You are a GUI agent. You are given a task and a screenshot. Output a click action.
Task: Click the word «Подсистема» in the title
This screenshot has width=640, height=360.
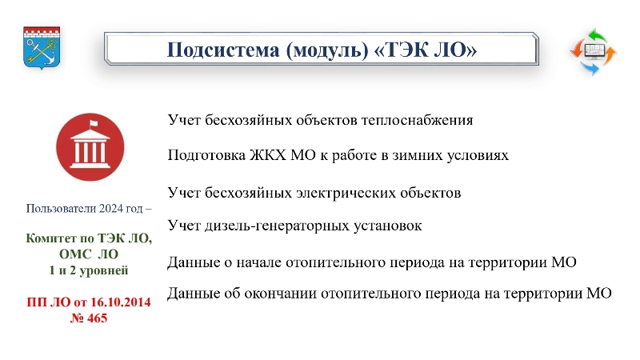[x=223, y=50]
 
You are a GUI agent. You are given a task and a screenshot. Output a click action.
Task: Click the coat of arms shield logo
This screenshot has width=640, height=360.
[x=42, y=48]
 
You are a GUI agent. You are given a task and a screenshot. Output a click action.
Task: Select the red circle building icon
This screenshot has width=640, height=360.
[x=90, y=147]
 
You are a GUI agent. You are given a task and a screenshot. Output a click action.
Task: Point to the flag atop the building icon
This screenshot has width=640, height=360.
[x=94, y=122]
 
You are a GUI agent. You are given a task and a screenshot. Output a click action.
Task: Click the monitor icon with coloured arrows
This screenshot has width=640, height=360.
[x=594, y=51]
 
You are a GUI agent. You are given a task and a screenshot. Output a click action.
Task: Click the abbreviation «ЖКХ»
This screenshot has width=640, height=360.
[x=268, y=155]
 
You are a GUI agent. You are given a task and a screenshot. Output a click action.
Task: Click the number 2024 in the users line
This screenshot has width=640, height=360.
[x=110, y=209]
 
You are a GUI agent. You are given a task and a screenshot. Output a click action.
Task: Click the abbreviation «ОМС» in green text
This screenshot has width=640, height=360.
[x=75, y=254]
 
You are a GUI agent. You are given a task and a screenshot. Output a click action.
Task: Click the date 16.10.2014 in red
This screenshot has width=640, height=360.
[x=121, y=302]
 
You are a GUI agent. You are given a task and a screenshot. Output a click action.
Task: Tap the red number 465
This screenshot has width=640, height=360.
[x=97, y=318]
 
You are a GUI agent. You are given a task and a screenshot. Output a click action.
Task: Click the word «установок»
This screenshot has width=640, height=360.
[x=388, y=226]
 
